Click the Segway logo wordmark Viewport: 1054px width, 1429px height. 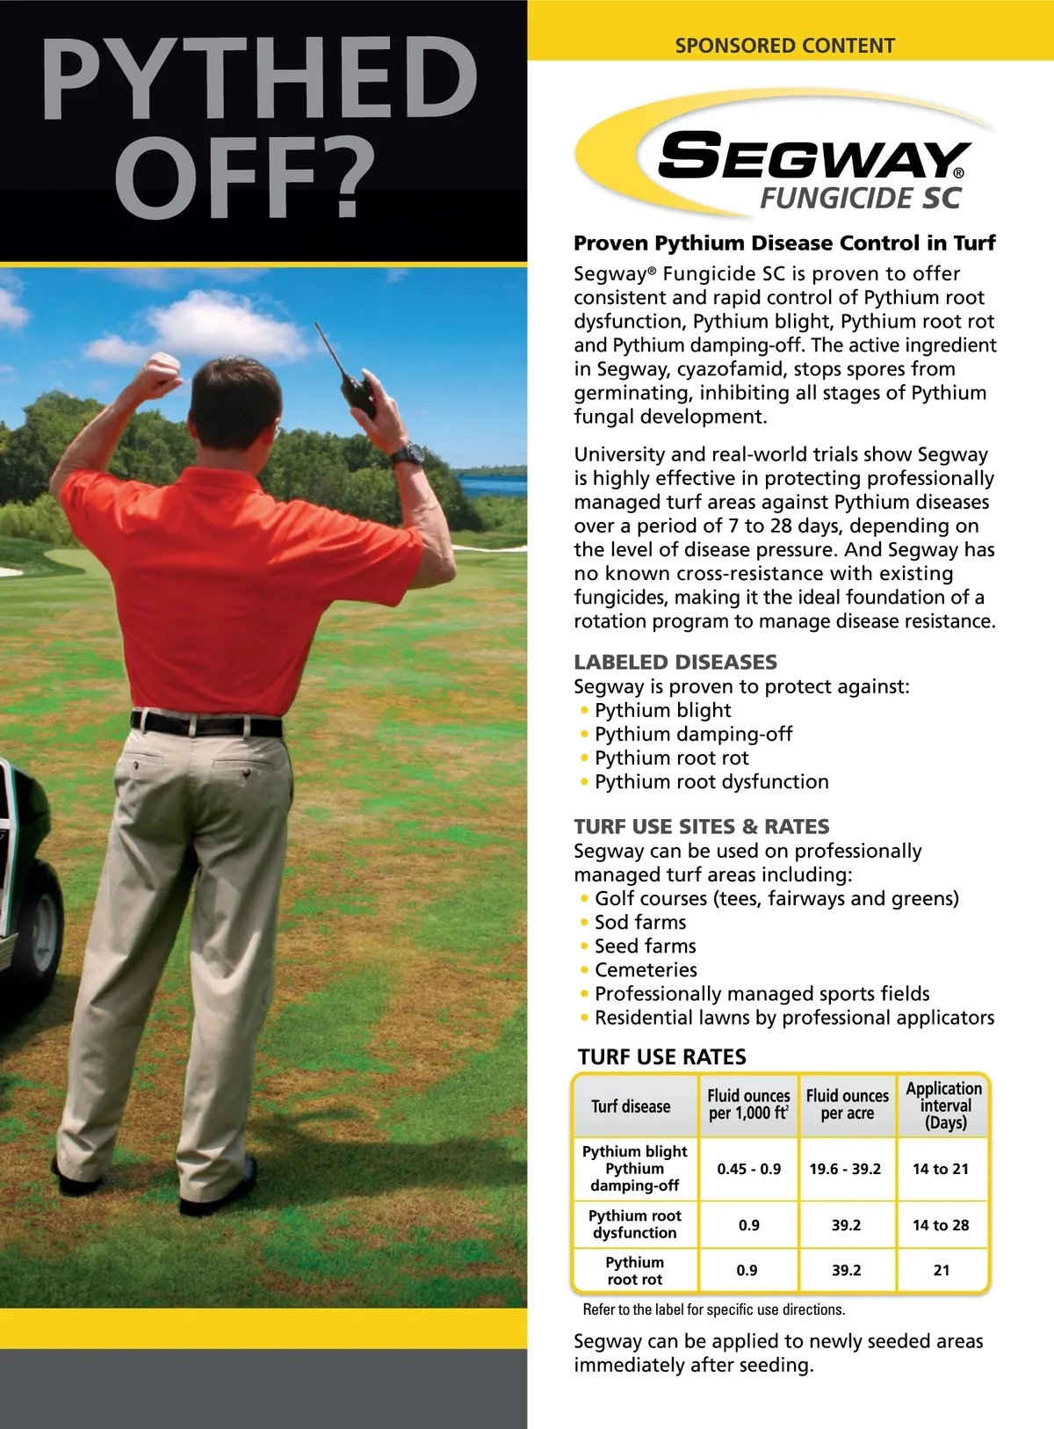812,157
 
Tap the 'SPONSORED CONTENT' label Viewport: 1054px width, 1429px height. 784,46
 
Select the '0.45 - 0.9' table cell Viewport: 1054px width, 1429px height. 748,1169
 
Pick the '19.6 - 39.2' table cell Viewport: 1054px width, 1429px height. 845,1169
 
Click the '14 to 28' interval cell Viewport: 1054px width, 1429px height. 941,1225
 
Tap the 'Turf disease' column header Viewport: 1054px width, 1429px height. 631,1106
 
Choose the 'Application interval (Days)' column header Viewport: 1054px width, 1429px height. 944,1106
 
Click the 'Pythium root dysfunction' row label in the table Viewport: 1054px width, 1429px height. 635,1224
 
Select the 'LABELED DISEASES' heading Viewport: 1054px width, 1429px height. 675,662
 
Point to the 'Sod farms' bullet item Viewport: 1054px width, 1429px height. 640,922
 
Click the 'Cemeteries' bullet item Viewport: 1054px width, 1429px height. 646,969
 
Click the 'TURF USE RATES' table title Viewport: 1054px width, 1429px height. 662,1056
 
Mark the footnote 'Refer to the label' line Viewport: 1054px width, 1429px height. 713,1309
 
